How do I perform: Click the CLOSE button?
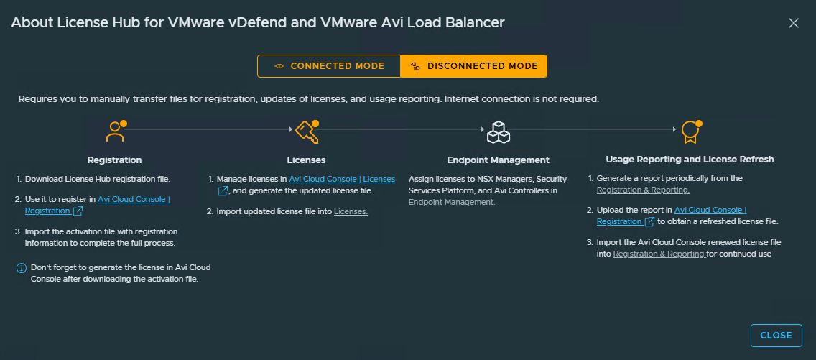776,336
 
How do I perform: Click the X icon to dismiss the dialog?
793,23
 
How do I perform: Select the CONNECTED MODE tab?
329,66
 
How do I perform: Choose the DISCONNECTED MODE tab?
473,66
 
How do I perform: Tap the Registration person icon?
115,131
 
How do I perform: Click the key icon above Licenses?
307,131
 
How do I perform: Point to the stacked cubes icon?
498,132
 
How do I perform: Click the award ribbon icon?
690,132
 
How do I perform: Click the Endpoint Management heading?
498,160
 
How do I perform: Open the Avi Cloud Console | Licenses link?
342,179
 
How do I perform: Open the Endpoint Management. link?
452,202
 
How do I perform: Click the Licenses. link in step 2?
351,212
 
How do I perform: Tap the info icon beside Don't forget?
22,268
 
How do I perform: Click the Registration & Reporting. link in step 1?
643,190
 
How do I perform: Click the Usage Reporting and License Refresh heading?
690,160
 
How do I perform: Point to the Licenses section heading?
307,160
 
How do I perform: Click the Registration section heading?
114,160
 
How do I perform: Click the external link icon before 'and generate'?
222,191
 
